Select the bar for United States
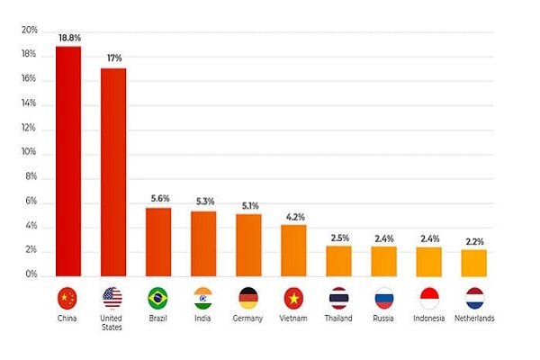coord(113,171)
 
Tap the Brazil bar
coord(158,240)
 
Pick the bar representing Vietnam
coord(293,249)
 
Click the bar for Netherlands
coord(473,261)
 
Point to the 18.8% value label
coord(68,38)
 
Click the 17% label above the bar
coord(113,59)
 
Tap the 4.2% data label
coord(293,216)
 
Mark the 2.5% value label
coord(338,238)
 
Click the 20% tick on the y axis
coord(29,31)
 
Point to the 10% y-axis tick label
coord(29,153)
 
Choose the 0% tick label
coord(31,274)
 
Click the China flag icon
coord(68,298)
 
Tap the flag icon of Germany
coord(248,298)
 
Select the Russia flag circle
coord(383,298)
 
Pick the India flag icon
coord(203,298)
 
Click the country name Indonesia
coord(428,319)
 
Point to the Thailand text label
coord(338,319)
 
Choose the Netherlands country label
coord(473,319)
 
